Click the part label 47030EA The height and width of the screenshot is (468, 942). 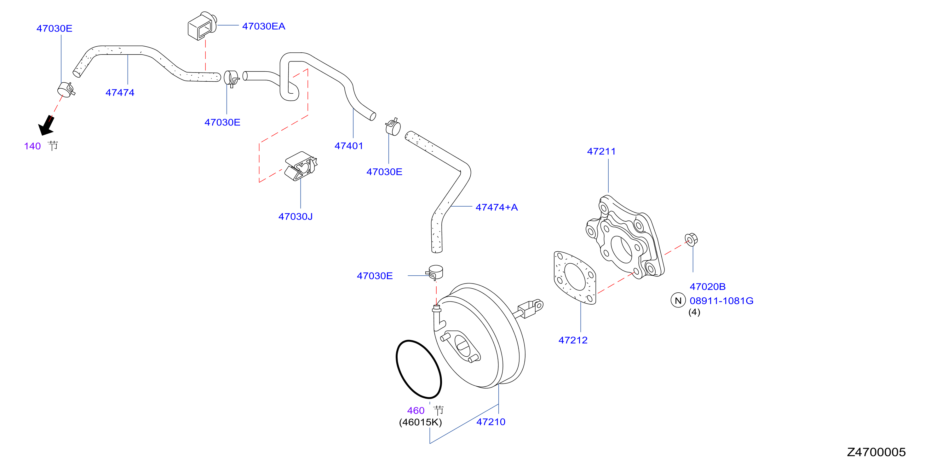coord(263,26)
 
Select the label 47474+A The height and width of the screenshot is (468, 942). coord(496,208)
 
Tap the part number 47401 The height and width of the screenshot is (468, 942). coord(348,146)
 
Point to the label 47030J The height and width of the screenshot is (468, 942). coord(296,217)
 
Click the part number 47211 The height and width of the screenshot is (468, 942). coord(601,151)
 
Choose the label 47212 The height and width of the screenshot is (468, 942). coord(573,340)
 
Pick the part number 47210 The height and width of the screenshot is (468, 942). coord(491,422)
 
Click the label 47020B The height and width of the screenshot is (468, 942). coord(708,287)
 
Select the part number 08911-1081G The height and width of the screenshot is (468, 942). coord(721,301)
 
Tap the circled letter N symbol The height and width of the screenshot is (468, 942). coord(678,301)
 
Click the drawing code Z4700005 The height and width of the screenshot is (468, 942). coord(876,452)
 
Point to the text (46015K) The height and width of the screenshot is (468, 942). coord(421,422)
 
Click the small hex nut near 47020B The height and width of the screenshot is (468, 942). coord(691,240)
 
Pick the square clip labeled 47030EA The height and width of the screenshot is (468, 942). coord(202,26)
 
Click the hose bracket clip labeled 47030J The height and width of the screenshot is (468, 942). coord(301,166)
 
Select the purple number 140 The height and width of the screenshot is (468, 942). coord(32,146)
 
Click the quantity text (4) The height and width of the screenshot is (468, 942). coord(694,313)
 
